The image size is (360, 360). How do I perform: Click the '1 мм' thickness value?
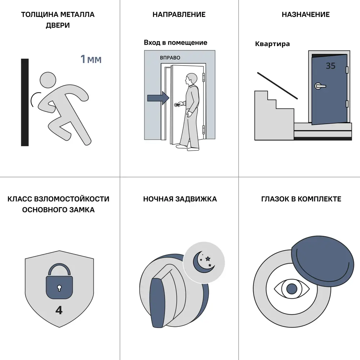(91, 59)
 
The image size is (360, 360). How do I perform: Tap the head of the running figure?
(48, 80)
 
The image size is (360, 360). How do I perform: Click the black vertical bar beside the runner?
(25, 102)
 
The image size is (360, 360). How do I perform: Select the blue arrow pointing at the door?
(158, 98)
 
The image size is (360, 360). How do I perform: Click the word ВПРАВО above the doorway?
(170, 58)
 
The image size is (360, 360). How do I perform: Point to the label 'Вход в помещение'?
(175, 42)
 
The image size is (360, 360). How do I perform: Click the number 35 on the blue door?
(330, 66)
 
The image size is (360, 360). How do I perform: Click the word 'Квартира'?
(272, 44)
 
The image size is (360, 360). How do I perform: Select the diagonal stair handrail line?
(277, 86)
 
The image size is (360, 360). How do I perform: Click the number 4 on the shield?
(59, 310)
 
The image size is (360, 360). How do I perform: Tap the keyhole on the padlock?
(59, 288)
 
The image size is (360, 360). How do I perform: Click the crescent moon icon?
(202, 263)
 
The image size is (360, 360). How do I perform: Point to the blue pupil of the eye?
(292, 289)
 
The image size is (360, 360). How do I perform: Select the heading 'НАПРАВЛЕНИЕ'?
(179, 14)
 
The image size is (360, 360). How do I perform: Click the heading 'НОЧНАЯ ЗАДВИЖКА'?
(180, 199)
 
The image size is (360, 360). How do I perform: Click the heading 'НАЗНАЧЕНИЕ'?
(306, 14)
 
